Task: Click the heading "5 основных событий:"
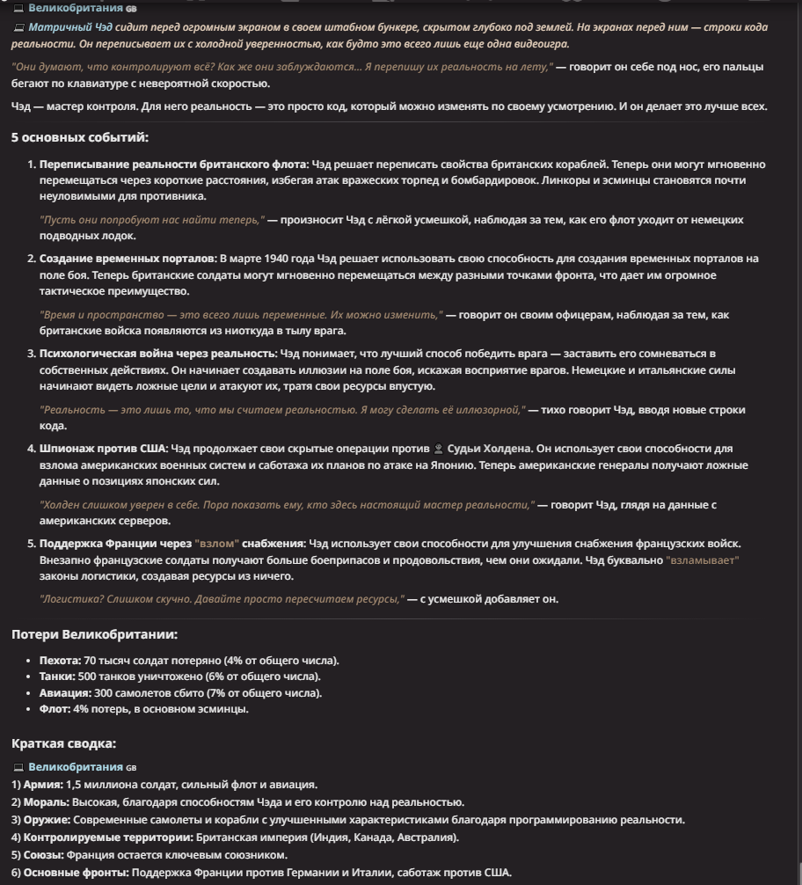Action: tap(80, 137)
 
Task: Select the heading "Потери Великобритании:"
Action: tap(94, 634)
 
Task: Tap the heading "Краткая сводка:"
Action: tap(63, 743)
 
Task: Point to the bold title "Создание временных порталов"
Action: tap(128, 259)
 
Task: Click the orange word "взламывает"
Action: tap(702, 560)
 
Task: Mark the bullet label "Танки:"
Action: tap(57, 677)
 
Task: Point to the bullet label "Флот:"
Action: tap(55, 709)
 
